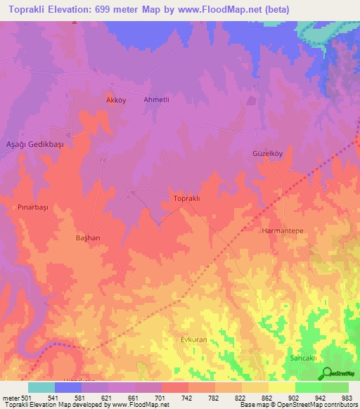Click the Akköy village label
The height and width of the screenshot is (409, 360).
[x=115, y=100]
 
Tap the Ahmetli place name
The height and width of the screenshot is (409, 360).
[x=157, y=100]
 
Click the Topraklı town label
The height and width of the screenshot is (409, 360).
[x=187, y=199]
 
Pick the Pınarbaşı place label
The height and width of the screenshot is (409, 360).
[x=32, y=208]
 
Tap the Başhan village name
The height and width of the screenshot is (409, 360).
[x=88, y=238]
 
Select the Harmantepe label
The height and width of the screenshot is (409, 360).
[x=281, y=231]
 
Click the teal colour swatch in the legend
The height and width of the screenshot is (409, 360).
[x=41, y=387]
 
